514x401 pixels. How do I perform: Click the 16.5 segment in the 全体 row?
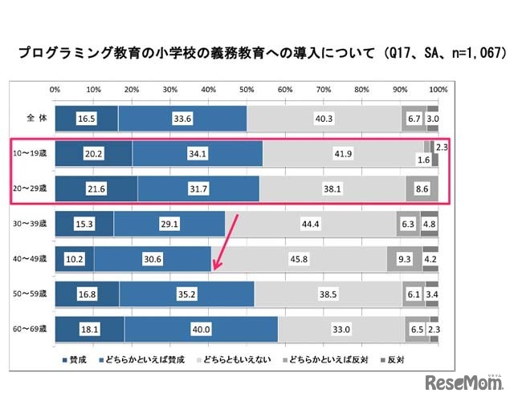(86, 118)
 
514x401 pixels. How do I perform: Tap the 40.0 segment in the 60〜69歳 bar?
(201, 329)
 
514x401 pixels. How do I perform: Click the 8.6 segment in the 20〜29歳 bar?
(422, 189)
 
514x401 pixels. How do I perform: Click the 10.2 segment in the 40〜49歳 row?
(74, 259)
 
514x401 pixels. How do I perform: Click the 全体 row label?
(31, 118)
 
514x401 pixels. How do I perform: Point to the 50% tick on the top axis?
(246, 89)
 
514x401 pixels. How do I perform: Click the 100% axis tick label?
(438, 89)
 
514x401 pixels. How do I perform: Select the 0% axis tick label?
(55, 89)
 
